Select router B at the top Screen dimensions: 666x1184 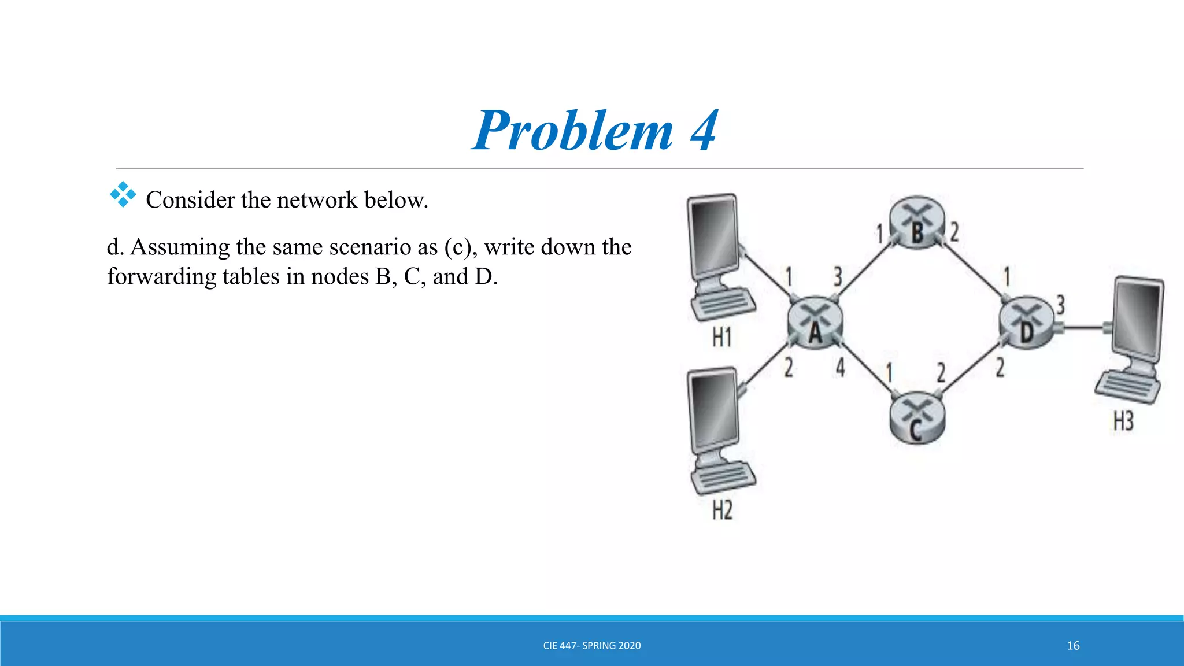pyautogui.click(x=917, y=223)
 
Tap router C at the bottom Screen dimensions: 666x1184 pyautogui.click(x=917, y=419)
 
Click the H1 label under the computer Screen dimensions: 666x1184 pyautogui.click(x=721, y=337)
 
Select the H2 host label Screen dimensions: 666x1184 pyautogui.click(x=722, y=510)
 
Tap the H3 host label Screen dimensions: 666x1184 pyautogui.click(x=1123, y=421)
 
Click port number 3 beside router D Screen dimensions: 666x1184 pyautogui.click(x=1060, y=305)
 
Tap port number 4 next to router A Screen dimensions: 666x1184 pyautogui.click(x=840, y=367)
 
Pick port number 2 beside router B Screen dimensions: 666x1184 pyautogui.click(x=954, y=232)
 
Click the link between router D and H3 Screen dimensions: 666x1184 pyautogui.click(x=1085, y=328)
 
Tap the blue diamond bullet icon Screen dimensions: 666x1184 pyautogui.click(x=123, y=195)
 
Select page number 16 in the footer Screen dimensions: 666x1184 pyautogui.click(x=1073, y=646)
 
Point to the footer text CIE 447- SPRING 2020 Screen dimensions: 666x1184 pyautogui.click(x=592, y=646)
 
